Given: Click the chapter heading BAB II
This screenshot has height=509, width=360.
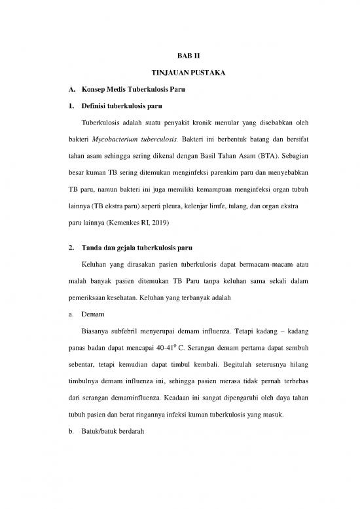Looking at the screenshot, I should coord(179,56).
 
